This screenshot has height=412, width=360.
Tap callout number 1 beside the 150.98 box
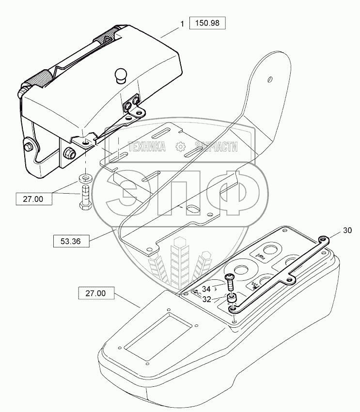point(183,24)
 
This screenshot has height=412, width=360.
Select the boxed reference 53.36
point(71,240)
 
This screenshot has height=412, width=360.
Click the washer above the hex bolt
point(85,177)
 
